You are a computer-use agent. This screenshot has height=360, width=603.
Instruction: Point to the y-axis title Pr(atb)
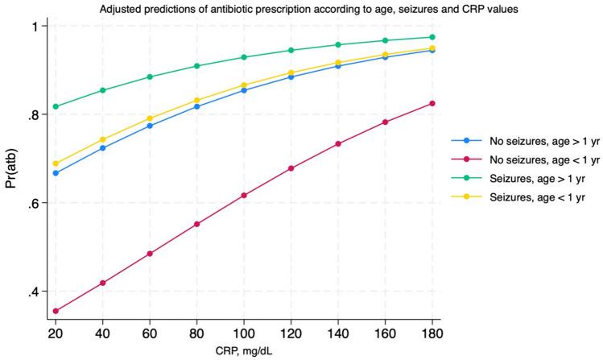tap(10, 168)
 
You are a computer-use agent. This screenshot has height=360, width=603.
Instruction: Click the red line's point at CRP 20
tap(56, 311)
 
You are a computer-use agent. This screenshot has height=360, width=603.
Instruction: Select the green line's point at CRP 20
tap(56, 106)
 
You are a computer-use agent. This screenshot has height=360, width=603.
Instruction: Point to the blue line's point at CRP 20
tap(56, 173)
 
